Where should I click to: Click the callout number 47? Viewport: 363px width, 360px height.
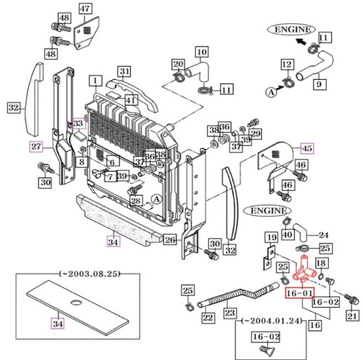click(86, 9)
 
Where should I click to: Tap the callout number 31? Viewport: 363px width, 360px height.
click(126, 71)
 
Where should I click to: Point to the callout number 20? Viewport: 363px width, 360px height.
click(178, 64)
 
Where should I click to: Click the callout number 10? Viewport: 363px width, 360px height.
click(203, 52)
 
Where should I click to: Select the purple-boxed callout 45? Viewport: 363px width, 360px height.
click(308, 149)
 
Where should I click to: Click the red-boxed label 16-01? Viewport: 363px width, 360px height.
click(298, 293)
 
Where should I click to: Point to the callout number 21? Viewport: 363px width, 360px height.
click(353, 315)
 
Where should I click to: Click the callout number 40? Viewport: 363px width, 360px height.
click(287, 234)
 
